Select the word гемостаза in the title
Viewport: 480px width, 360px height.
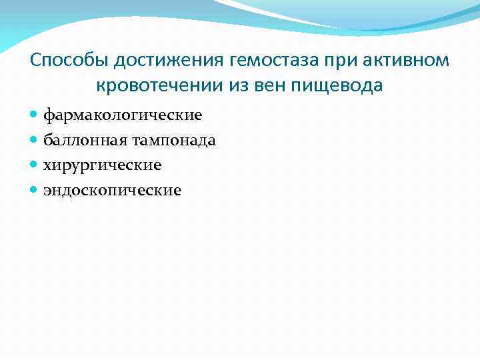point(275,61)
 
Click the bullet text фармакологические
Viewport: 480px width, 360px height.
point(123,116)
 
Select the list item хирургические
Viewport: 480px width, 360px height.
point(103,165)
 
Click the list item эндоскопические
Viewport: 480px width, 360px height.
point(112,191)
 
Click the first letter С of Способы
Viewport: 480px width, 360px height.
point(36,61)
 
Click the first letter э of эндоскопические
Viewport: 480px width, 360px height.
point(47,191)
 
